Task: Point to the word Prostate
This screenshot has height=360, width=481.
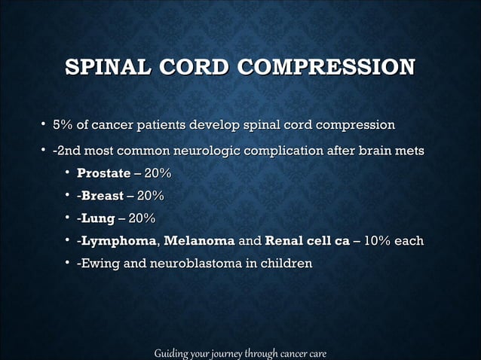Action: [x=103, y=175]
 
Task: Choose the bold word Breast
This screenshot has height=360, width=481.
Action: [x=102, y=197]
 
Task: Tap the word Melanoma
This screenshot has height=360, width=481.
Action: [x=198, y=242]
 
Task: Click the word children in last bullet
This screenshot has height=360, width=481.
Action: [x=284, y=264]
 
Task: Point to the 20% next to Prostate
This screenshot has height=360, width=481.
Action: [x=158, y=175]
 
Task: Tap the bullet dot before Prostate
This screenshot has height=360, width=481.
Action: [x=67, y=175]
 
